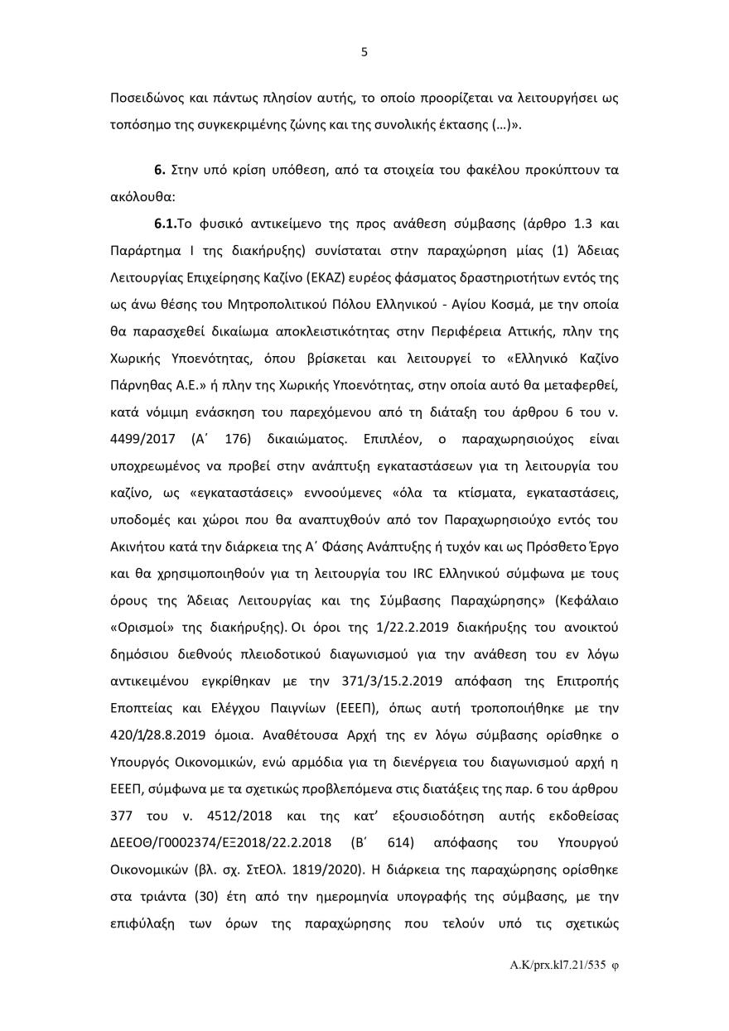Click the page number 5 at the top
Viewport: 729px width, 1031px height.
click(x=364, y=52)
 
